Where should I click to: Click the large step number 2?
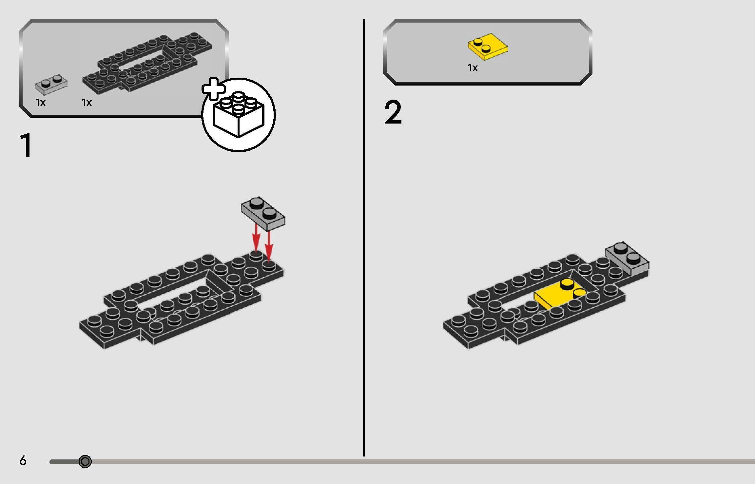tap(393, 113)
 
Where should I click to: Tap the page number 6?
tap(23, 461)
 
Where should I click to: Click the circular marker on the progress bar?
tap(85, 461)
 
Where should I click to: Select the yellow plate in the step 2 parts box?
tap(488, 47)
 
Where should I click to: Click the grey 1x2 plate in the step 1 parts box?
tap(51, 84)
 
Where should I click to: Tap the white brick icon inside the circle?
tap(238, 114)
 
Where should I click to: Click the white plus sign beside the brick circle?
tap(213, 89)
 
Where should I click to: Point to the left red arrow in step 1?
tap(256, 240)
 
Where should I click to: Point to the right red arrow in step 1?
tap(269, 246)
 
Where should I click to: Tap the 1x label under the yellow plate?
tap(473, 68)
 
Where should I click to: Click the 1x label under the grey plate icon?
tap(41, 103)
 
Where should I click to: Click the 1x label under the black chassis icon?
tap(87, 103)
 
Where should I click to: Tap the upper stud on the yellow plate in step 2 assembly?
tap(567, 283)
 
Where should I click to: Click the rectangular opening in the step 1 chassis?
tap(174, 288)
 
